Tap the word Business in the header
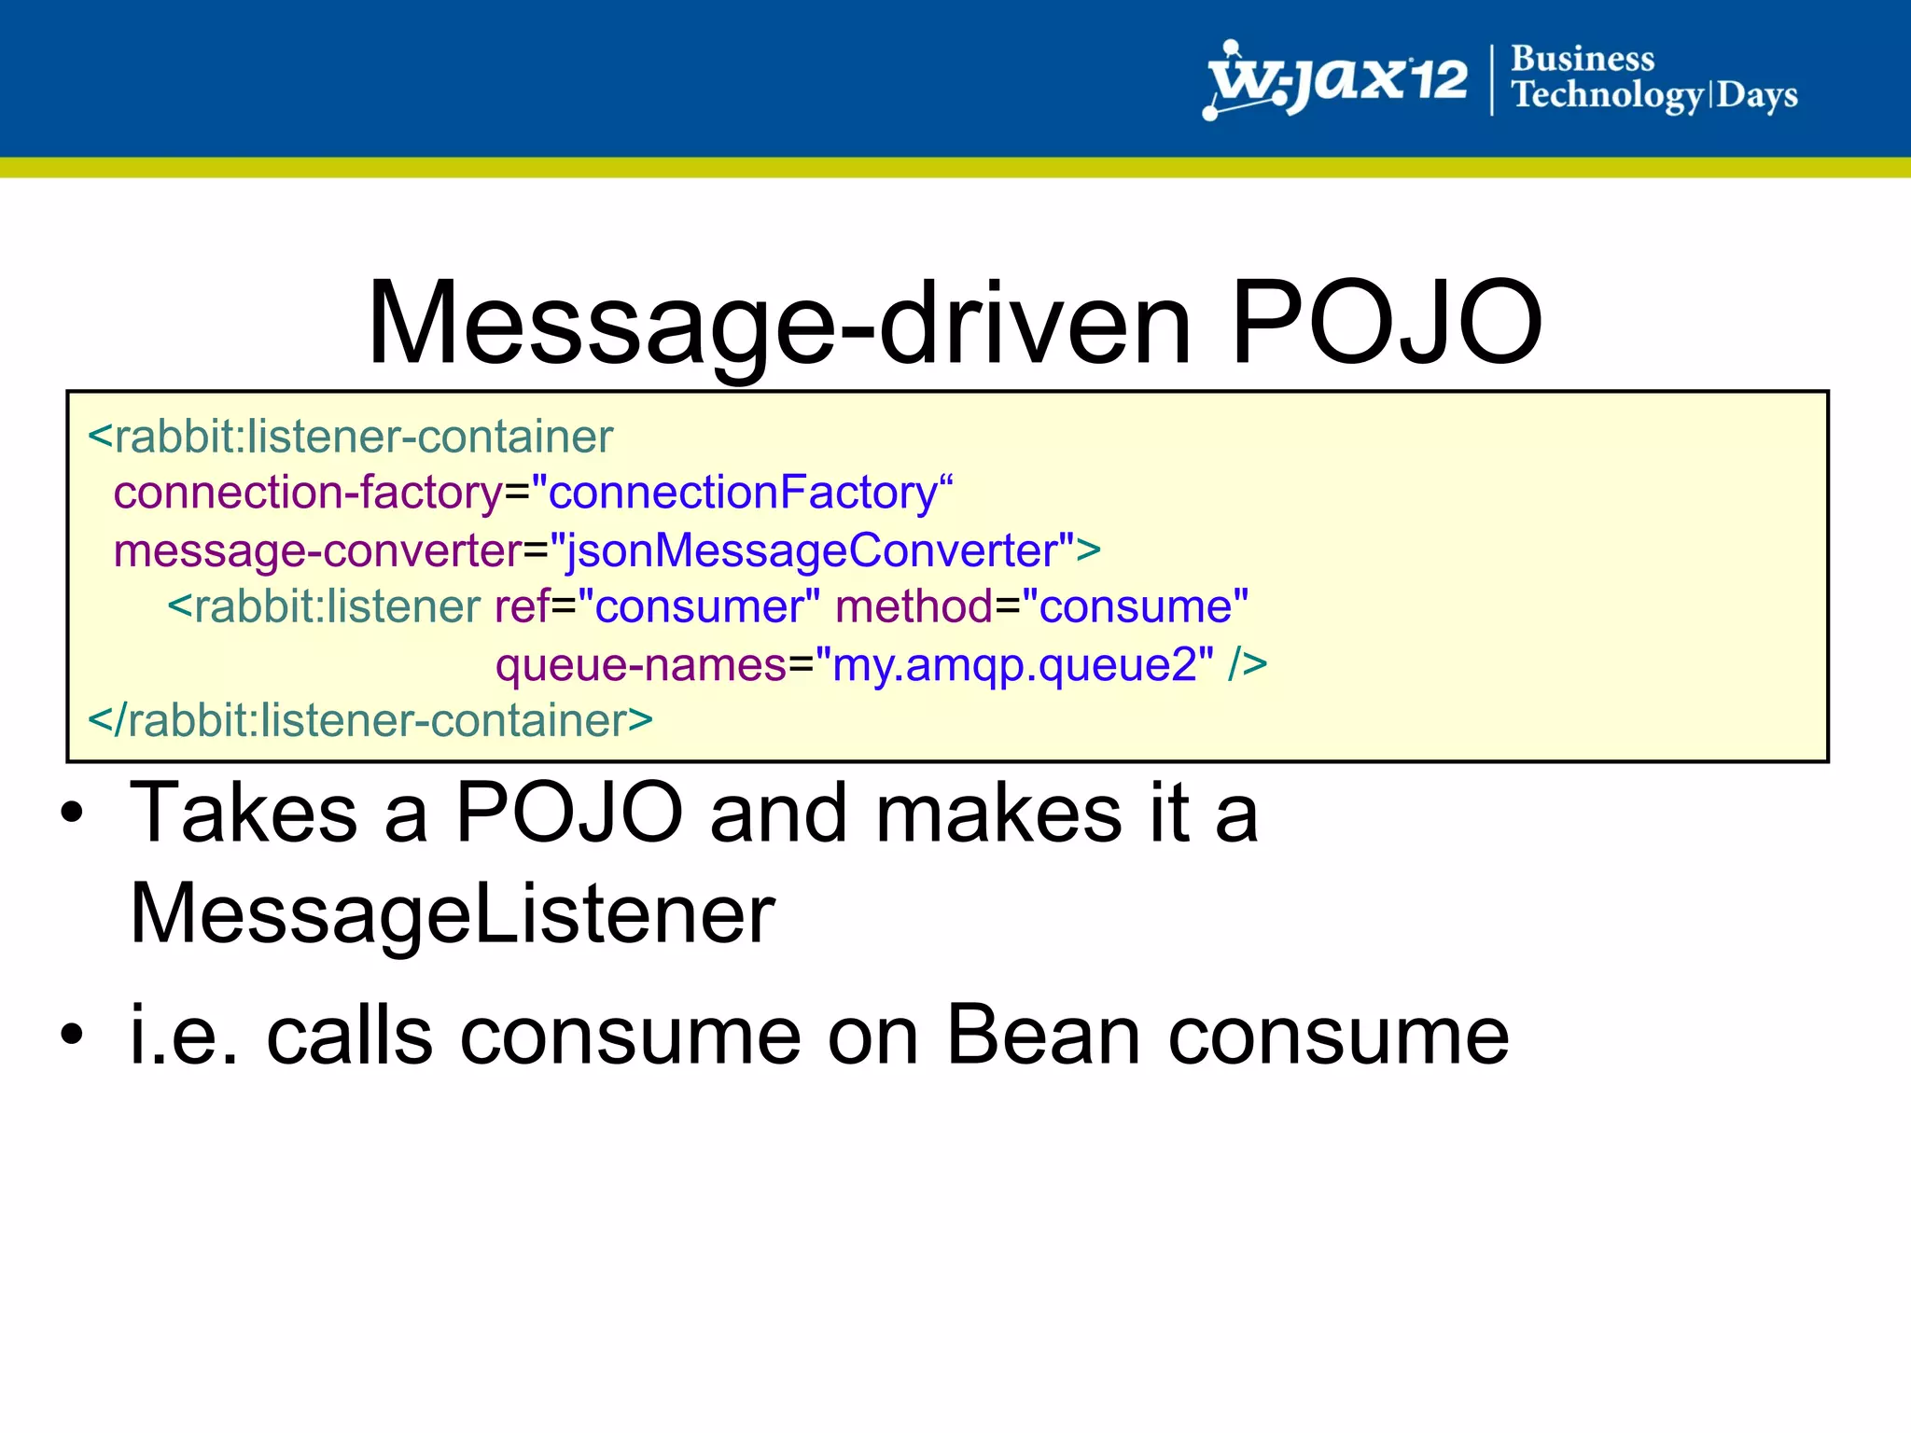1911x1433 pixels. point(1583,59)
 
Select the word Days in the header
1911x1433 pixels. point(1757,95)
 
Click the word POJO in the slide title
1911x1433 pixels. point(1386,323)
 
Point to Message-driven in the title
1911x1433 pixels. point(779,323)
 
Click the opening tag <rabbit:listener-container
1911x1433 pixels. point(351,438)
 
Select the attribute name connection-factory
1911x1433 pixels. point(308,493)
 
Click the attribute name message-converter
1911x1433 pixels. point(317,550)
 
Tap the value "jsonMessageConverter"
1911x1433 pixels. point(812,550)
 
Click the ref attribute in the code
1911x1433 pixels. point(522,607)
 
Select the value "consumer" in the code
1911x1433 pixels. point(699,607)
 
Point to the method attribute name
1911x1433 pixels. point(914,607)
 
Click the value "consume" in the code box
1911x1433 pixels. point(1136,607)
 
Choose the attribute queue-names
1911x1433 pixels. point(641,666)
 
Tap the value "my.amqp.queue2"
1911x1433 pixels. point(1014,666)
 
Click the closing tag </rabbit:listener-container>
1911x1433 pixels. point(370,721)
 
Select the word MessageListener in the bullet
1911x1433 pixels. point(453,914)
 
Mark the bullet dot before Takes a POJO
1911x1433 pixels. point(72,814)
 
